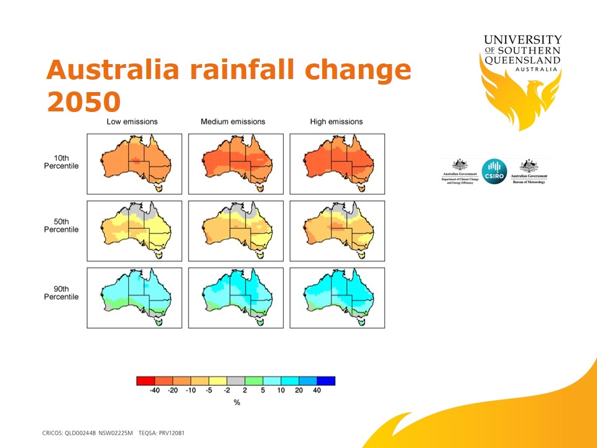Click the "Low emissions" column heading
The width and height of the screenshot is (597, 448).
[x=132, y=121]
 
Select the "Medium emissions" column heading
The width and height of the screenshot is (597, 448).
[x=233, y=121]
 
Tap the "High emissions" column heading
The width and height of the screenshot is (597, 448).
[x=336, y=121]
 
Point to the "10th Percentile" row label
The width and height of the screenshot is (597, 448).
[x=62, y=162]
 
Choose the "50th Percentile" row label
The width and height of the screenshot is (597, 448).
[x=62, y=226]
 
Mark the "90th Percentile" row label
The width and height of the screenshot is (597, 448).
[x=62, y=293]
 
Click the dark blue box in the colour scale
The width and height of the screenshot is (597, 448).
[x=326, y=381]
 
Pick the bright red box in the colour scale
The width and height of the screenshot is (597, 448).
[x=146, y=381]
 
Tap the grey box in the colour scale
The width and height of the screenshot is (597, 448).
[x=236, y=381]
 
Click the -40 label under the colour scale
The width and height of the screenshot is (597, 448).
[x=154, y=391]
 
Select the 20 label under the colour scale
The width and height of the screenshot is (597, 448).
[x=299, y=391]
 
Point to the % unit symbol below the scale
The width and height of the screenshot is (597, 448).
[x=237, y=403]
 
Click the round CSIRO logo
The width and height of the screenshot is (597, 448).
[x=494, y=170]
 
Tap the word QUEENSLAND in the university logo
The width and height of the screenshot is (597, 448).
[x=522, y=60]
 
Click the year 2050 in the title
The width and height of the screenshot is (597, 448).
[x=83, y=101]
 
